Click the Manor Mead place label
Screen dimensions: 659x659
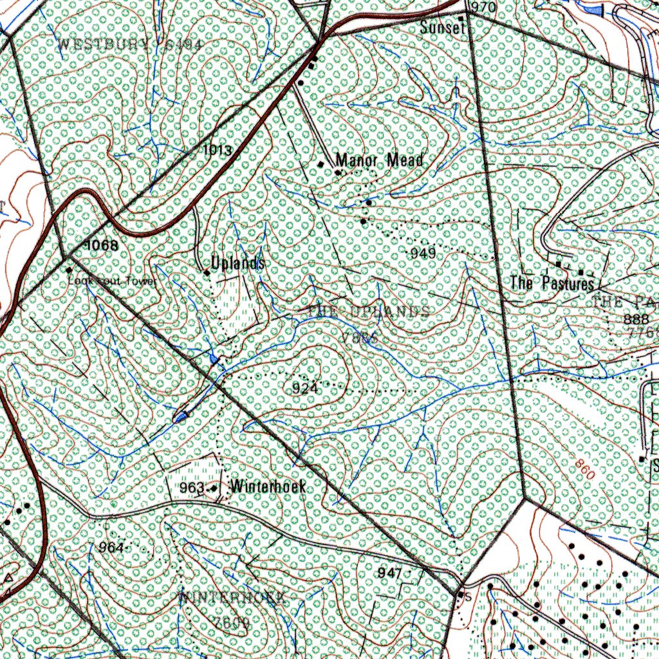pos(380,160)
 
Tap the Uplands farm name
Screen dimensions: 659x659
pos(238,263)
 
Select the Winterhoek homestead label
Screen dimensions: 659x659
pos(268,486)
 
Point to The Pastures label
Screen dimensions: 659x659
pos(552,283)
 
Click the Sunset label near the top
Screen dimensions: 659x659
pos(442,27)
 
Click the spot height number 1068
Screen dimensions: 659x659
pos(101,245)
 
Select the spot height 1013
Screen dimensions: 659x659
pos(217,151)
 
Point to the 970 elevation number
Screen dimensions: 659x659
pos(483,8)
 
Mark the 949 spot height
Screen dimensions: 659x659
pos(423,254)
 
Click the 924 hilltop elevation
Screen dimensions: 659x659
pos(304,388)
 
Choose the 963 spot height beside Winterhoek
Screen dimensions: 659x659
pos(192,487)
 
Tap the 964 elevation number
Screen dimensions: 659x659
pos(111,547)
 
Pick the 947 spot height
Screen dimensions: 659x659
pos(390,573)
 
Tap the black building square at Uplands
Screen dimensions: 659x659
pos(207,273)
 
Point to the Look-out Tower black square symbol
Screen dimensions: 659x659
pos(69,270)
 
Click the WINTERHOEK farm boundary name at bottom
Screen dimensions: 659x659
pos(232,597)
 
